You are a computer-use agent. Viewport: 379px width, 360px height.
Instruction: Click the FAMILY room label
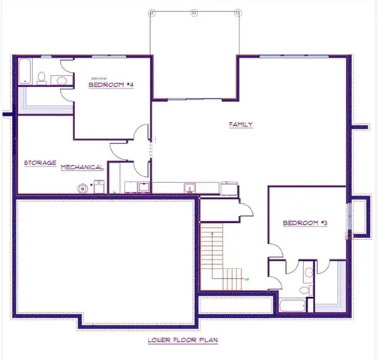click(241, 124)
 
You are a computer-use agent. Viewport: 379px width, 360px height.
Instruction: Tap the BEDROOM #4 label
click(111, 85)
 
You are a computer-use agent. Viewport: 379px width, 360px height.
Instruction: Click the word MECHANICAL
click(82, 167)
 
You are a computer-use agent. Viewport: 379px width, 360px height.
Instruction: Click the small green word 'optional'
click(100, 78)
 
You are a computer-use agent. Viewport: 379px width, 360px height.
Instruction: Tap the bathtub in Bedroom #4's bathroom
click(24, 72)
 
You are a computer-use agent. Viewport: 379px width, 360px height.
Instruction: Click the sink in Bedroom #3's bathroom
click(308, 271)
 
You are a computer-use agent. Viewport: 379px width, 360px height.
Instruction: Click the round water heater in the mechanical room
click(80, 188)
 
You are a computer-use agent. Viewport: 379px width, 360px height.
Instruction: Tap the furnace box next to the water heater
click(98, 187)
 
